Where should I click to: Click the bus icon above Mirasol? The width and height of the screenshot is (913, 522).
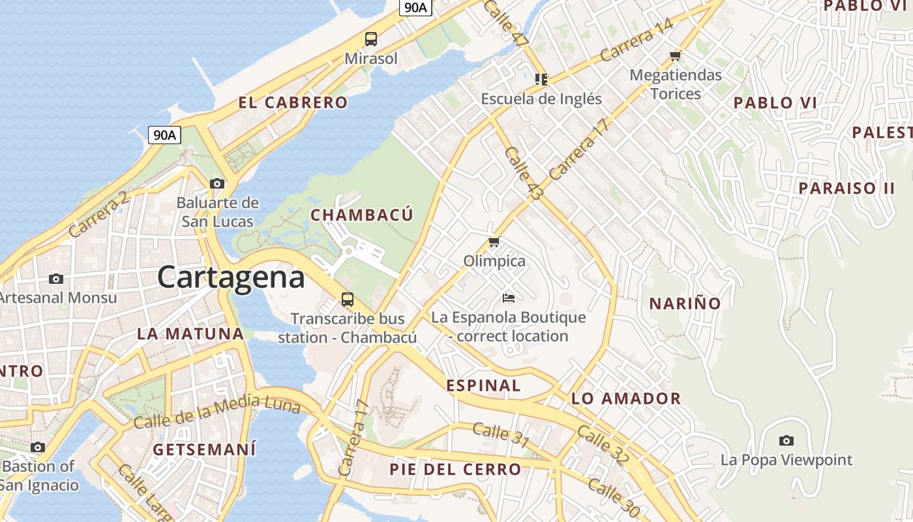tap(371, 39)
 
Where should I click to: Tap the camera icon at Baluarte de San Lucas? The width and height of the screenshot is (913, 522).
tap(217, 184)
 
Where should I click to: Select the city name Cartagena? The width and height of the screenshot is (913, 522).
tap(231, 277)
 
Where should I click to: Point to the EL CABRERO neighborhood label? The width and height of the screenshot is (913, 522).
tap(293, 102)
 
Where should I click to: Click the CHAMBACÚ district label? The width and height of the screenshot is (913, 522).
tap(362, 215)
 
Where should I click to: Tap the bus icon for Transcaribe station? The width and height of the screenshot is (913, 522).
tap(348, 300)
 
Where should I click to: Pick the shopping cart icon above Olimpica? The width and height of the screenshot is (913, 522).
tap(494, 242)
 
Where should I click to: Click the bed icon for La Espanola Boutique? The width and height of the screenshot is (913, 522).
tap(509, 298)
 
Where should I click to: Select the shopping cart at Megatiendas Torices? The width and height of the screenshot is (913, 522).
tap(676, 55)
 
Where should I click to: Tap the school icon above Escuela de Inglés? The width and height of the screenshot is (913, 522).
tap(541, 80)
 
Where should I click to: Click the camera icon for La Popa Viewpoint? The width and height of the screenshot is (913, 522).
tap(786, 440)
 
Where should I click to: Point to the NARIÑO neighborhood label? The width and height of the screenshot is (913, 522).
tap(685, 303)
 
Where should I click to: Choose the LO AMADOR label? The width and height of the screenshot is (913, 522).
tap(626, 399)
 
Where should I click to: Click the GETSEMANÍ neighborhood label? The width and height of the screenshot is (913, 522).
tap(204, 450)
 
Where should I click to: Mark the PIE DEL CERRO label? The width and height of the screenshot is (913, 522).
tap(455, 469)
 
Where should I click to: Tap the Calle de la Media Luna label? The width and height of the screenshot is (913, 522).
tap(217, 412)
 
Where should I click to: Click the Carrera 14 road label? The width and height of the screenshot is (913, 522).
tap(636, 40)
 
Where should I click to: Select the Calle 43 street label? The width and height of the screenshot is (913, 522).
tap(524, 173)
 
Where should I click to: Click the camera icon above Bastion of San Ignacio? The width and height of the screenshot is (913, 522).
tap(38, 448)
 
